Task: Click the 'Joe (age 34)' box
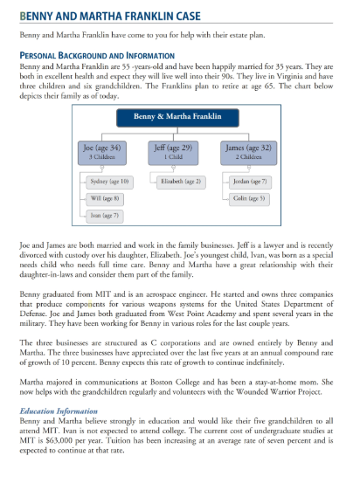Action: point(101,149)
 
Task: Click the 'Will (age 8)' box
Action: point(105,198)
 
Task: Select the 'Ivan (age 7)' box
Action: point(105,215)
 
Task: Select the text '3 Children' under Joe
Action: point(101,156)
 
